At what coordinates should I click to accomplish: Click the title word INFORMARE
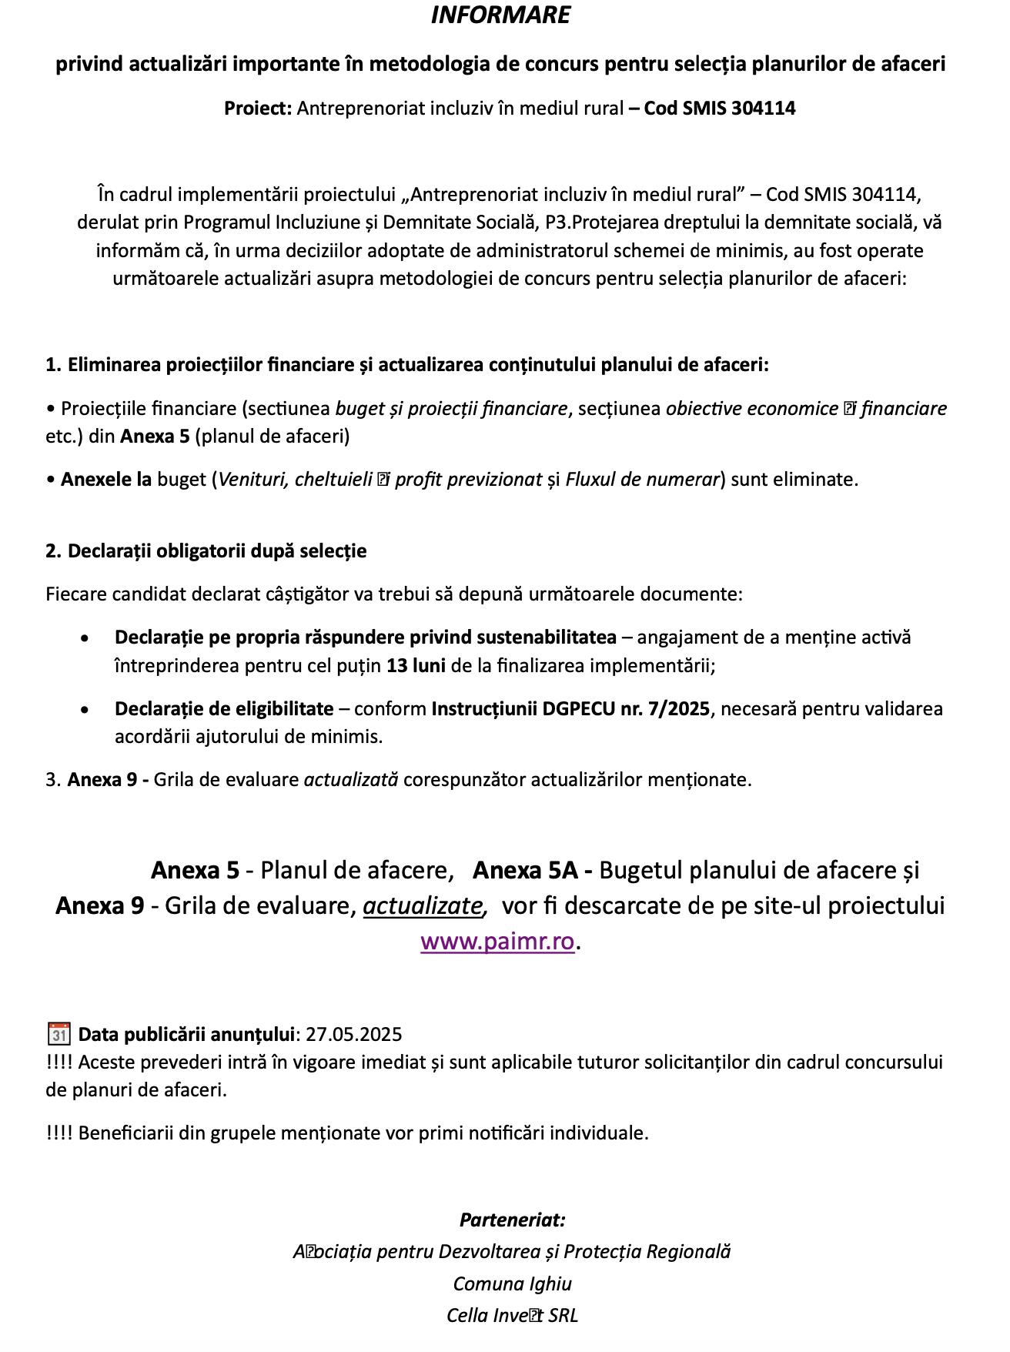pos(500,15)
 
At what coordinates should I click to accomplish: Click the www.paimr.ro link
pos(497,941)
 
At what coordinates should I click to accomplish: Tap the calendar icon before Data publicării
pos(59,1033)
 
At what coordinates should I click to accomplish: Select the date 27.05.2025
pos(353,1034)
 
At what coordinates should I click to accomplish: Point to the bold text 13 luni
pos(416,665)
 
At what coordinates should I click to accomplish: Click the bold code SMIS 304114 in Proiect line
pos(719,108)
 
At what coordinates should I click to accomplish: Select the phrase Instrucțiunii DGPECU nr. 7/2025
pos(570,708)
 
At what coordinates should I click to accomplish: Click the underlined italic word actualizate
pos(423,905)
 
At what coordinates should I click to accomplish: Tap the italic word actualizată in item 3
pos(351,779)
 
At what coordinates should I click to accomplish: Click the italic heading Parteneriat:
pos(512,1220)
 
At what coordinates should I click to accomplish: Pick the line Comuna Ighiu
pos(512,1283)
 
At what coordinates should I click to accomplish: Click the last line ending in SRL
pos(512,1315)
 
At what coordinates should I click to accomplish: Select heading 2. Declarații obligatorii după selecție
pos(206,551)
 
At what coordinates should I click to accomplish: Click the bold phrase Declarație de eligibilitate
pos(224,708)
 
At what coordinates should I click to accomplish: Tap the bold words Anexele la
pos(106,479)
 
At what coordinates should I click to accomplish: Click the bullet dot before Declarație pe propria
pos(85,638)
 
